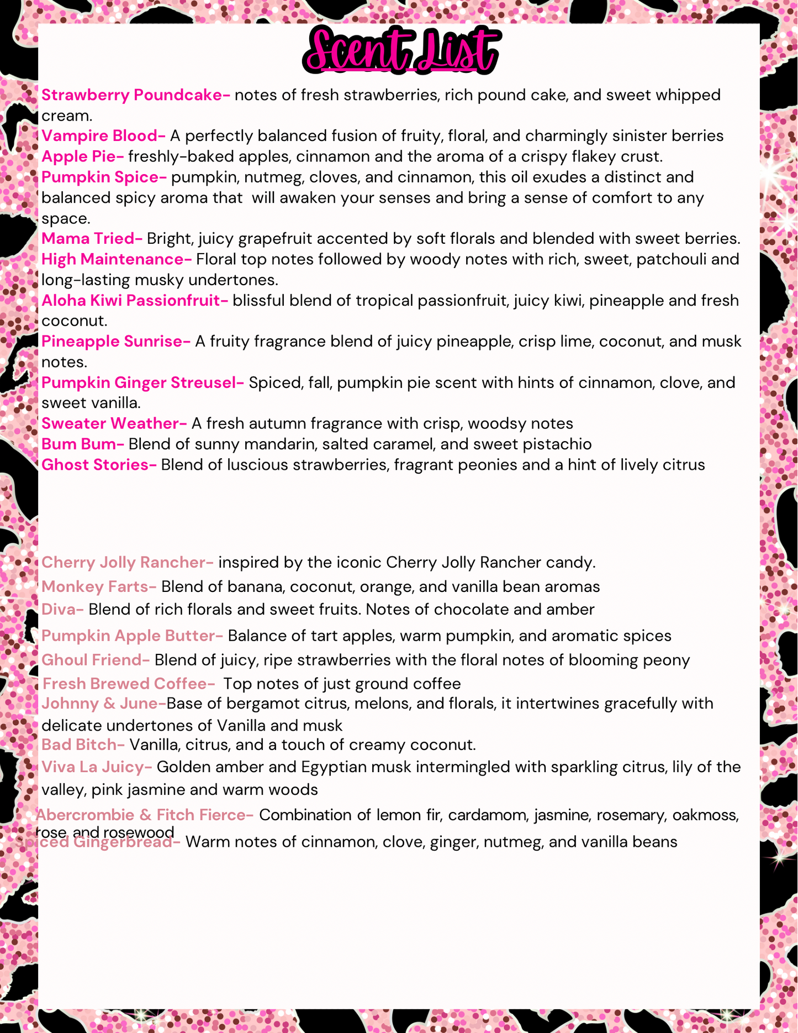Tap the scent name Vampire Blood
click(103, 136)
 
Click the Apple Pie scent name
click(82, 156)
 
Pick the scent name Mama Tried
click(92, 239)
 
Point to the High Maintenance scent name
click(116, 259)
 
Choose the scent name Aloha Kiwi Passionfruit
click(134, 301)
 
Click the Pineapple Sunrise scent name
click(115, 342)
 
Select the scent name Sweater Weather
click(114, 423)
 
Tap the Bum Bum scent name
click(82, 444)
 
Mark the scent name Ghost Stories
click(99, 465)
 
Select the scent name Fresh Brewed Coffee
click(128, 684)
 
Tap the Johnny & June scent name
click(103, 704)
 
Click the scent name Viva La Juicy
click(96, 767)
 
